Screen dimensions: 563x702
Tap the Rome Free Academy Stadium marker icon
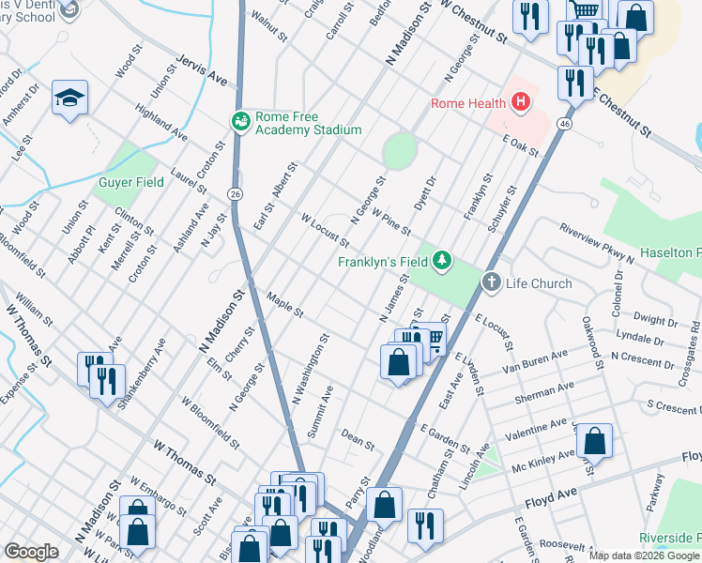(x=241, y=122)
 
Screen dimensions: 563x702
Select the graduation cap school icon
(x=69, y=99)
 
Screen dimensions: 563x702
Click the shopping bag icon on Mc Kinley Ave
(x=594, y=440)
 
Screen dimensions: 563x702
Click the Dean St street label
(x=358, y=438)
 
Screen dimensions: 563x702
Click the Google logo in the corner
(x=31, y=552)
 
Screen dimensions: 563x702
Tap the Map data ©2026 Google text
(x=644, y=555)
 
